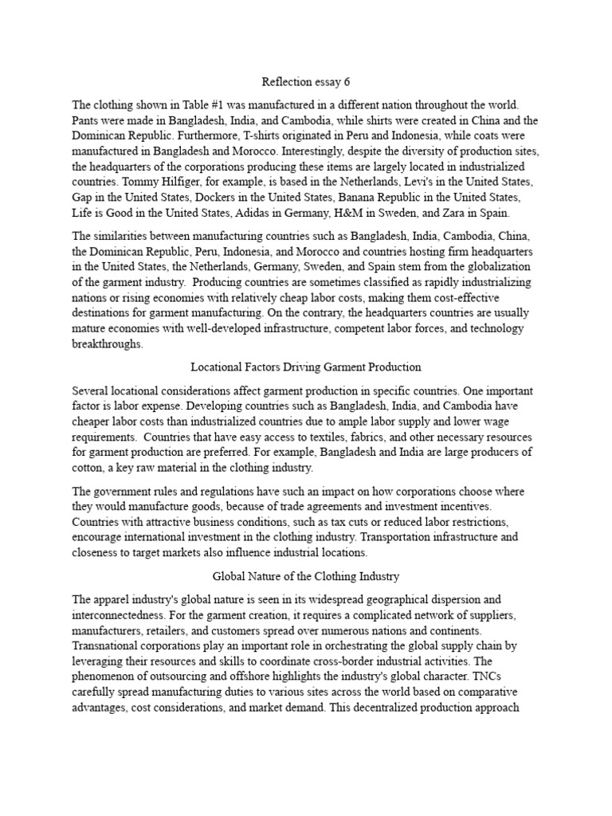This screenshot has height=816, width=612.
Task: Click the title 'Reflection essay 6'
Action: click(306, 81)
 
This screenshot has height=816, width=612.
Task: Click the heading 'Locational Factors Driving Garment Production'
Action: click(306, 367)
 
